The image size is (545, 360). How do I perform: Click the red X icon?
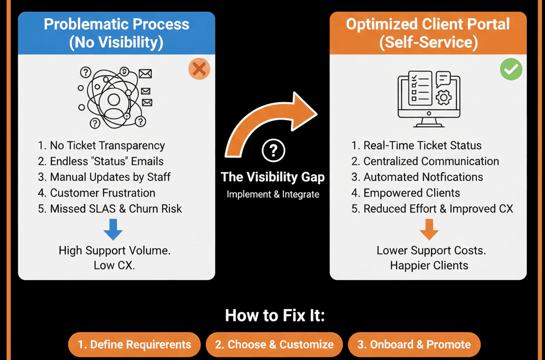click(199, 69)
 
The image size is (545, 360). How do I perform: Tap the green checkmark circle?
click(511, 69)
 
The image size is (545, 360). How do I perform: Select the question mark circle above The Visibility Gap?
click(273, 151)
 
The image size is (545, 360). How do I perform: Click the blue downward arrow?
click(113, 229)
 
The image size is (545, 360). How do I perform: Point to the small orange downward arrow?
click(429, 229)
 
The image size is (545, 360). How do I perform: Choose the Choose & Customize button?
click(274, 344)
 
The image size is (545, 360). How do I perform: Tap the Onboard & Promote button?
click(414, 344)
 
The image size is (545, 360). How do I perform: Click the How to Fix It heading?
click(274, 315)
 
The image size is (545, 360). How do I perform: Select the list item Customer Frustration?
click(96, 193)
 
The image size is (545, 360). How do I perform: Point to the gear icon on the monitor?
click(444, 98)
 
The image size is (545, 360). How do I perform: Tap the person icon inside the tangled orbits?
click(114, 100)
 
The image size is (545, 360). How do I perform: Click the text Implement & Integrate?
click(273, 194)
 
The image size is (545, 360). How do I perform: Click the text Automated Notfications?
click(417, 177)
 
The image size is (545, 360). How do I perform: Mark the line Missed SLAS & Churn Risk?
click(110, 208)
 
